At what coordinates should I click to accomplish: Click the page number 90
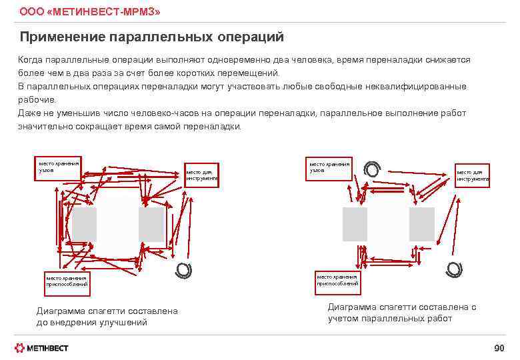(499, 349)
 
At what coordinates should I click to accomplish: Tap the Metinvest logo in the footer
(42, 348)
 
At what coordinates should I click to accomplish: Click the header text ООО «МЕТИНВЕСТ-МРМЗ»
(89, 12)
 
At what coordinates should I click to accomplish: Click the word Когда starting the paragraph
(30, 60)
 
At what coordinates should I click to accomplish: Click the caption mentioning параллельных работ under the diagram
(401, 313)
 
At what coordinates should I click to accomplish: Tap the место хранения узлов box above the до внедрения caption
(59, 167)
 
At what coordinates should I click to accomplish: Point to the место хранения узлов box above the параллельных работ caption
(329, 167)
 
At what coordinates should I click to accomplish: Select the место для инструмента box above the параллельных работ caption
(472, 176)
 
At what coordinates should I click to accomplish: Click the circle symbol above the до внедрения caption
(183, 270)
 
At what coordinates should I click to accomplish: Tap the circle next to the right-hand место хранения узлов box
(373, 171)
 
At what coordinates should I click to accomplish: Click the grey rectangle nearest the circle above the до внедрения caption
(151, 225)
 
